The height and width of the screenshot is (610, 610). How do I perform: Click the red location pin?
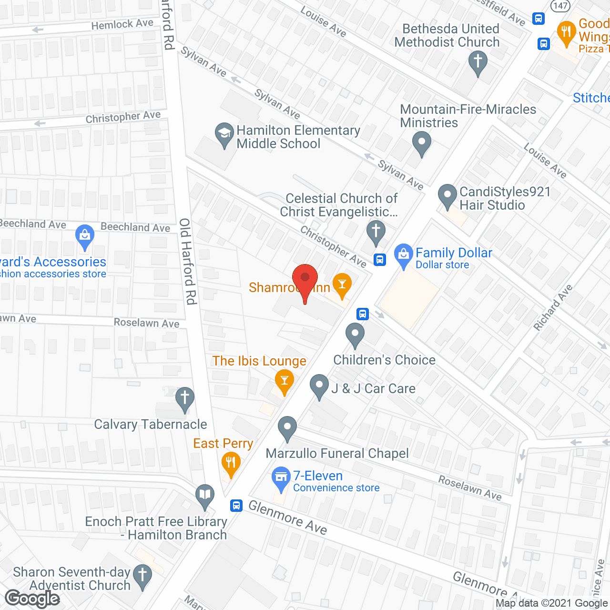[x=305, y=279]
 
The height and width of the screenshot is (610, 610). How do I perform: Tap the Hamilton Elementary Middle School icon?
[x=224, y=134]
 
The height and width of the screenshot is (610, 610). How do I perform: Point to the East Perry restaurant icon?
[x=231, y=463]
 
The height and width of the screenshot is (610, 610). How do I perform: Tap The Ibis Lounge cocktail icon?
[x=285, y=381]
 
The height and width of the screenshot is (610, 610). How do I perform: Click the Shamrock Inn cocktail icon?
[x=342, y=285]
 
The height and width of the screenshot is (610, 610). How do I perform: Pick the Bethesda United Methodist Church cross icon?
[x=478, y=62]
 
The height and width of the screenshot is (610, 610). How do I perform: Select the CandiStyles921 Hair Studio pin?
[x=447, y=195]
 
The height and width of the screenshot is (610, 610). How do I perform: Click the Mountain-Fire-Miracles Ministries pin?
[x=421, y=142]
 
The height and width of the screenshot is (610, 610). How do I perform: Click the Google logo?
[x=32, y=599]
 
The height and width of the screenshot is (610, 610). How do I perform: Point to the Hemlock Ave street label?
[x=122, y=24]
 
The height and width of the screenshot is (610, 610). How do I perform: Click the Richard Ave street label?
[x=553, y=307]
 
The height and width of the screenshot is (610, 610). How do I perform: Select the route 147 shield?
[x=560, y=6]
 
